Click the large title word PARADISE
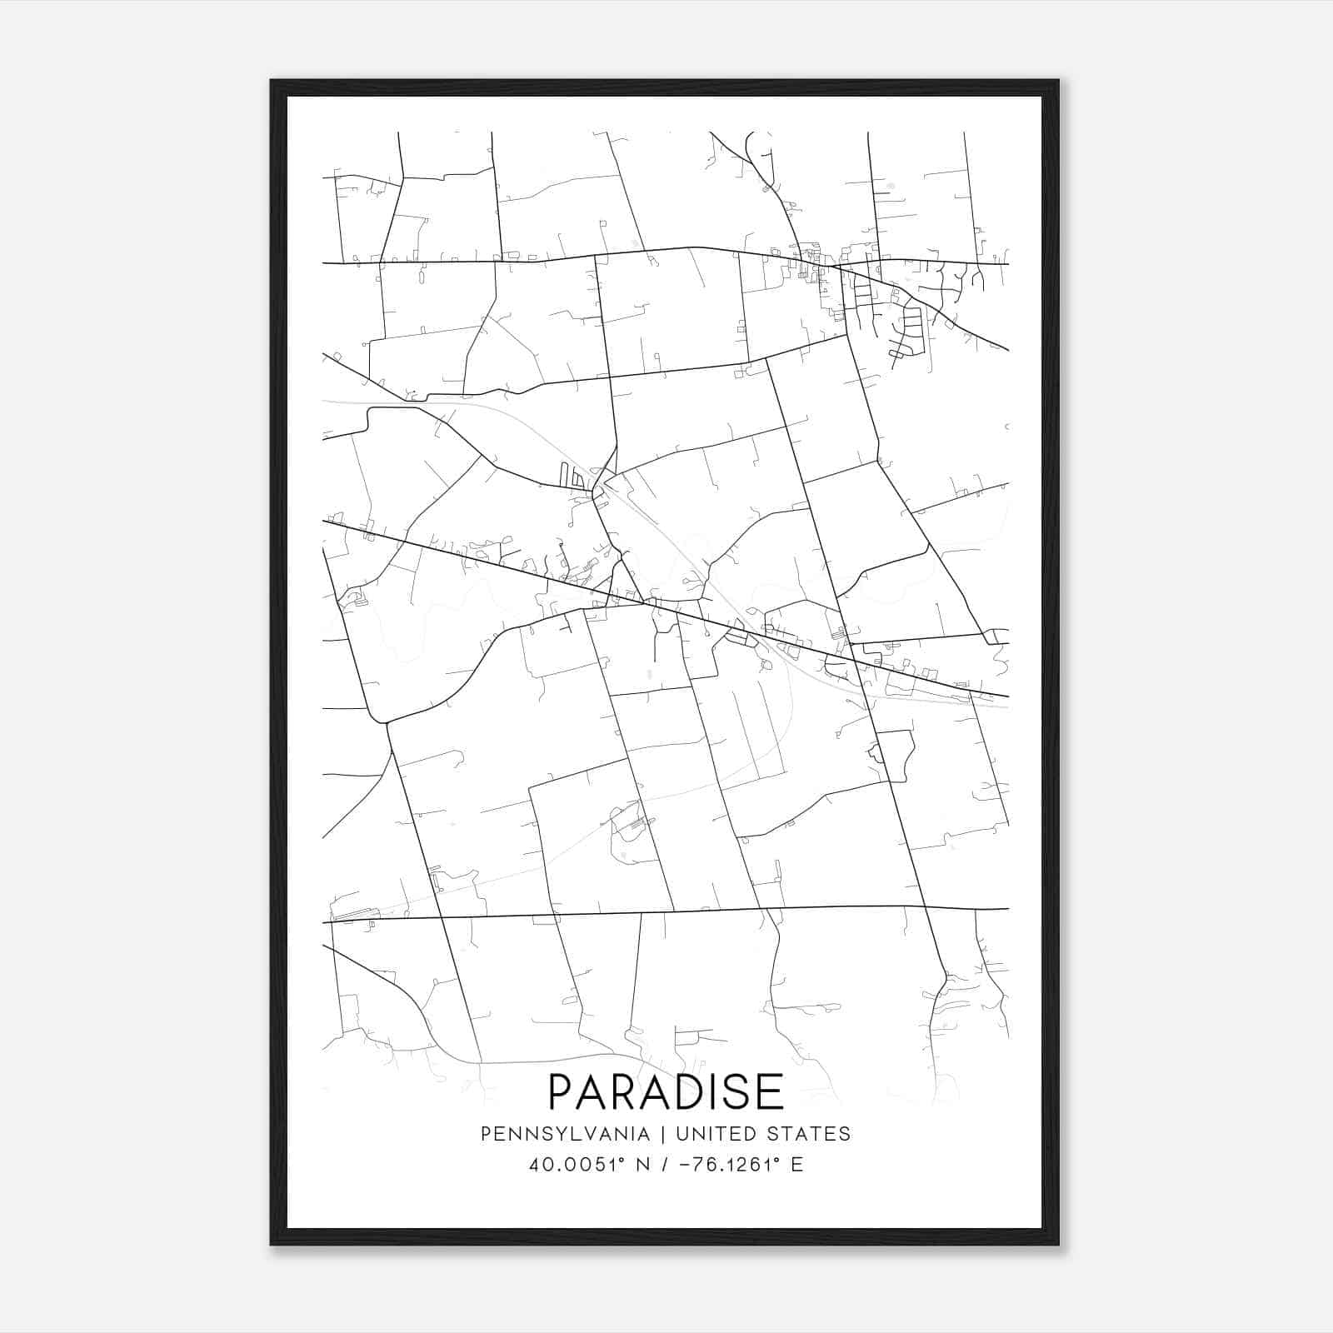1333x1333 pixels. click(666, 1091)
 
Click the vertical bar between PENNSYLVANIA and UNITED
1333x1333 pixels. click(663, 1134)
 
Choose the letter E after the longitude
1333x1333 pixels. click(797, 1164)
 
